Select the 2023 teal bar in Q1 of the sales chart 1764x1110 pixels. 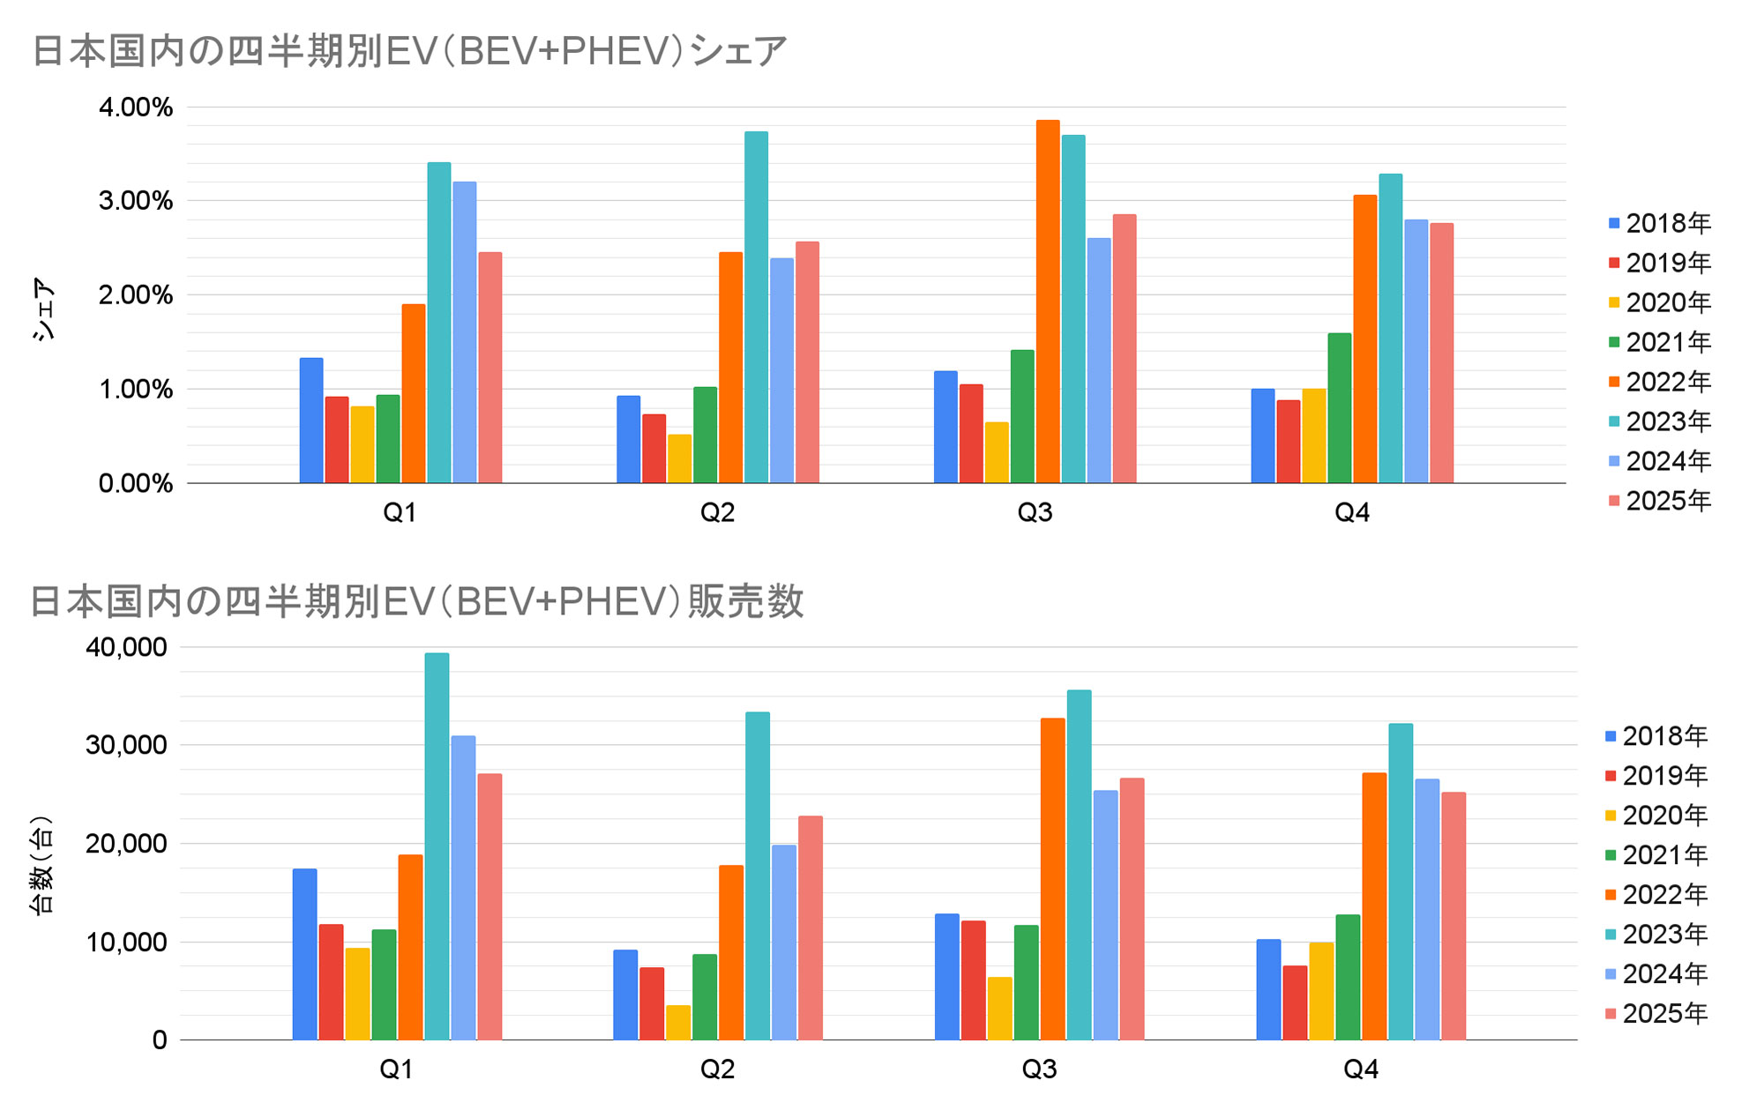coord(437,846)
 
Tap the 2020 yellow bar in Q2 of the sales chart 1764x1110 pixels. coord(678,1023)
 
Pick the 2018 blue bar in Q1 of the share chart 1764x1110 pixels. coord(311,421)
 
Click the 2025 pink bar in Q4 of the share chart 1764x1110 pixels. coord(1442,353)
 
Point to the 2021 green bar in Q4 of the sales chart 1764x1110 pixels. coord(1348,977)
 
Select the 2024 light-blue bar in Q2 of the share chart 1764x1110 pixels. coord(781,370)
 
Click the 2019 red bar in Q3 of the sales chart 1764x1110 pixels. coord(974,980)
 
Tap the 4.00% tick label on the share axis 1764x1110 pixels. coord(136,108)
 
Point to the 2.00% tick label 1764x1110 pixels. coord(136,295)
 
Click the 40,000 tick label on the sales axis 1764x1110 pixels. coord(126,647)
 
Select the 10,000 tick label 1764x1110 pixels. coord(126,942)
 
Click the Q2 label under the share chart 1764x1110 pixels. coord(717,512)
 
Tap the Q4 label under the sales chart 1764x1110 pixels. coord(1360,1069)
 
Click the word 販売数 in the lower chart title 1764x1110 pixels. coord(746,602)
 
